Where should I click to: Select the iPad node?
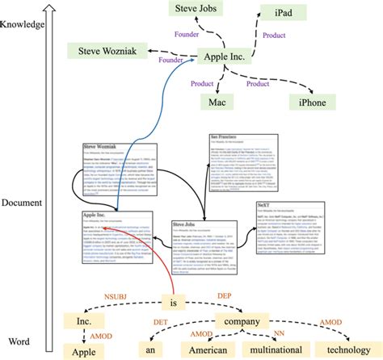pos(284,13)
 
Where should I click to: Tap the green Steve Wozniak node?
pos(107,52)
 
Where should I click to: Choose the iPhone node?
pos(312,103)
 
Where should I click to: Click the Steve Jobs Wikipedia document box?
pos(204,245)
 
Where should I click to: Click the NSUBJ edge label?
pos(115,297)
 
